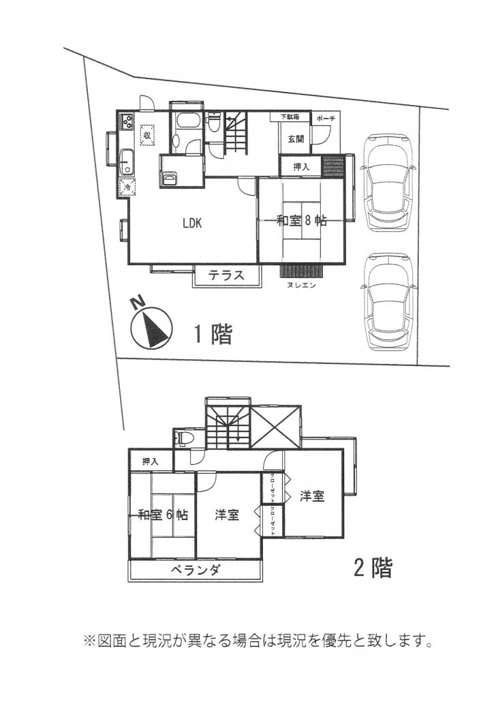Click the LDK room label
192,223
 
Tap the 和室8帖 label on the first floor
301,221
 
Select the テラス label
226,275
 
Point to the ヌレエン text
301,285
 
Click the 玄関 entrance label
296,139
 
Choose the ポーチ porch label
326,119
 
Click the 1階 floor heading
213,335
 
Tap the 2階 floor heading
373,568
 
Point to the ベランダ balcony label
196,570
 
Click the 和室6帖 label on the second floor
163,515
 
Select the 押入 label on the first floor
301,167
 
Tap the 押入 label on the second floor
150,461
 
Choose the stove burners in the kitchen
126,121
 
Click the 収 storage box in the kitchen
147,134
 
